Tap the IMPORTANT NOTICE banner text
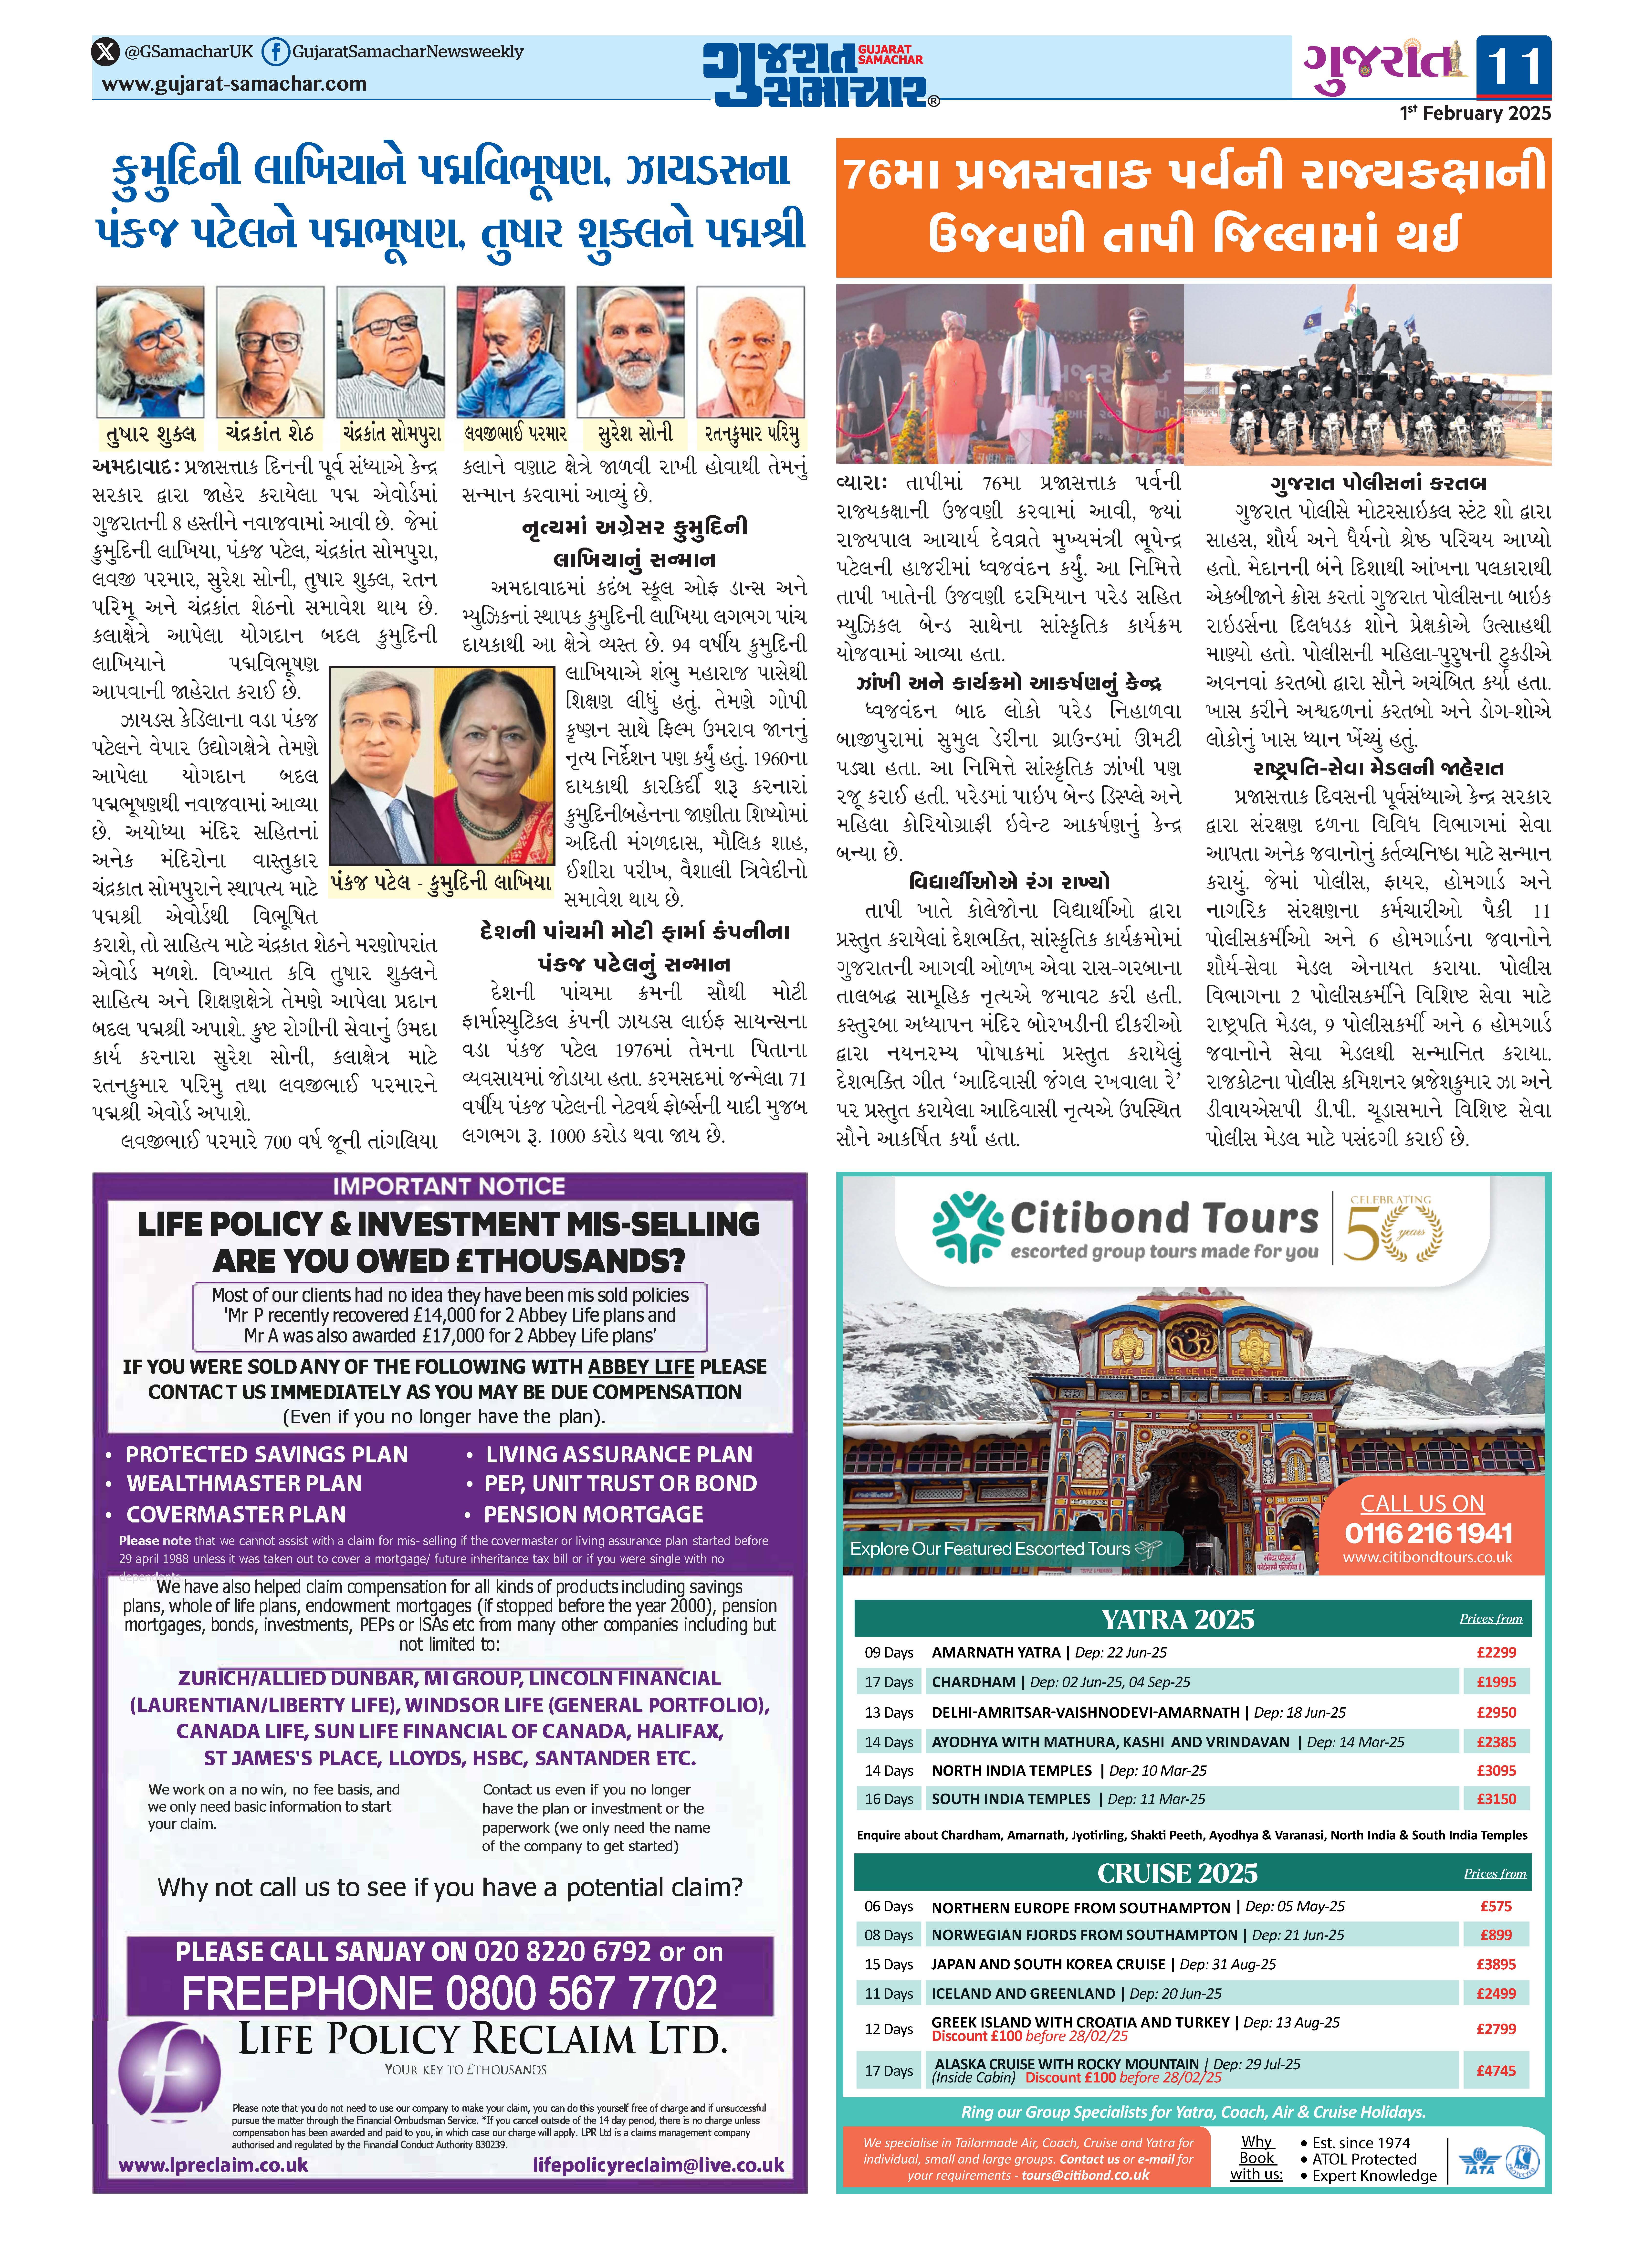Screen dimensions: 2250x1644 click(449, 1186)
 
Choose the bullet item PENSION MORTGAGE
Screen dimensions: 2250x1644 click(593, 1515)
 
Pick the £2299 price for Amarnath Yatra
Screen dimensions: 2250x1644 click(1496, 1652)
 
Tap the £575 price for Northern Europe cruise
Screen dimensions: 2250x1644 click(1496, 1906)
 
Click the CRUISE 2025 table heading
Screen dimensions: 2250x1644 click(1177, 1873)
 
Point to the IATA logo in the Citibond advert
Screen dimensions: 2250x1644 click(1479, 2161)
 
